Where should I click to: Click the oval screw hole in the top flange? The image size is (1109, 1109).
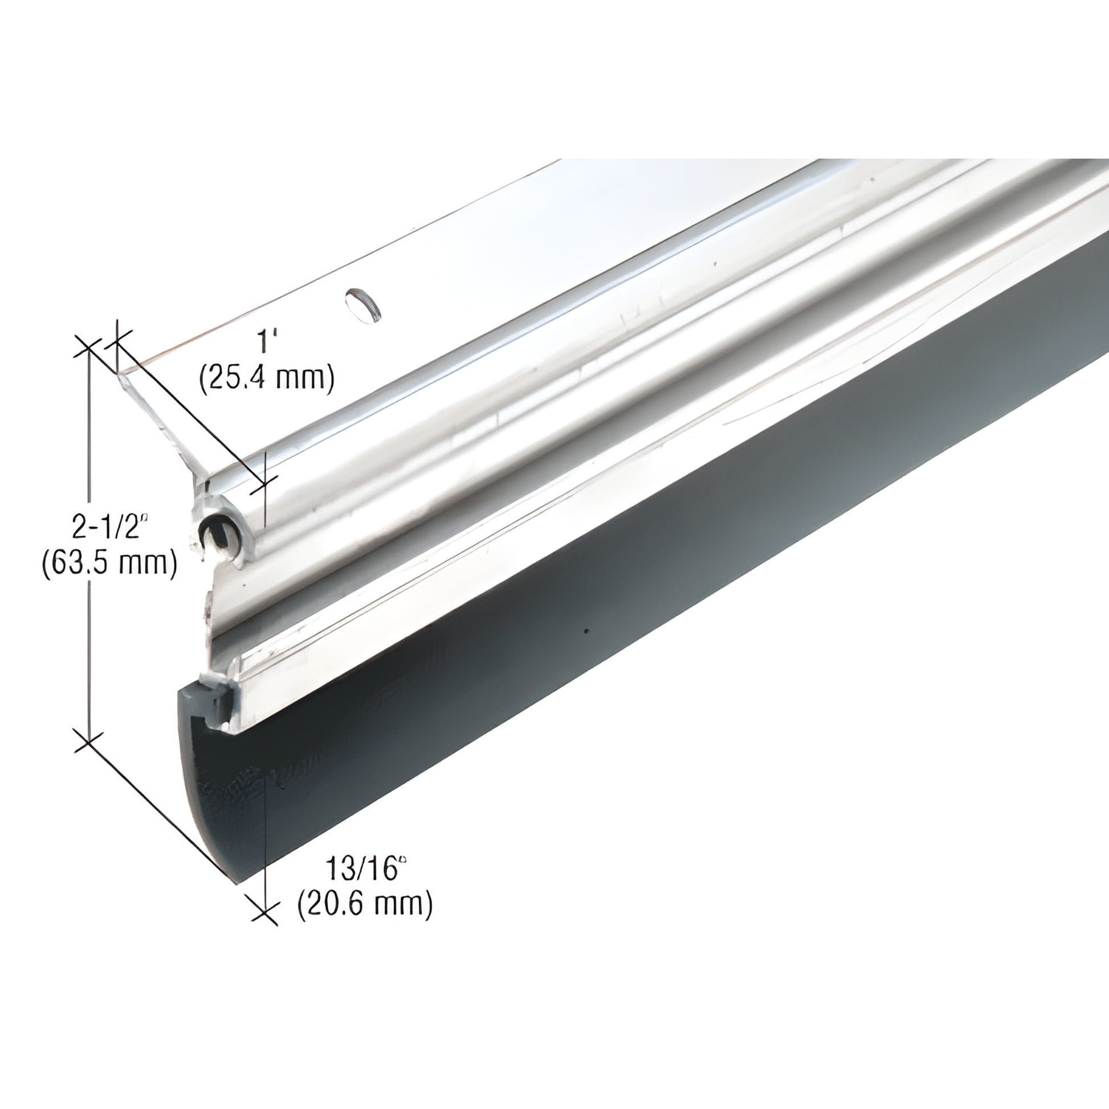point(362,304)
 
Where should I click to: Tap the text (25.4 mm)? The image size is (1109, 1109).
point(266,379)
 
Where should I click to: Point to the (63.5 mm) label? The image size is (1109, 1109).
point(109,563)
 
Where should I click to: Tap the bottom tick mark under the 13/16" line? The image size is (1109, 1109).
point(264,925)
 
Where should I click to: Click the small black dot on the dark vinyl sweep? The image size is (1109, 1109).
point(586,631)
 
